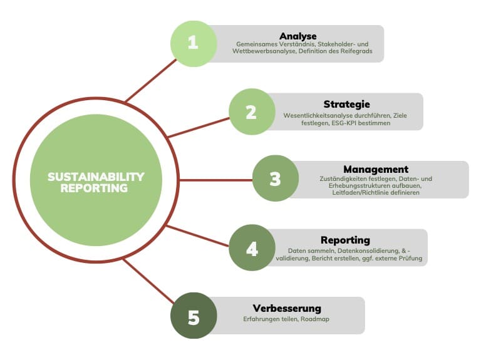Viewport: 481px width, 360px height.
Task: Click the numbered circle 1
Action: coord(194,43)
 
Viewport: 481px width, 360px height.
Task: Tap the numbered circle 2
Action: coord(251,112)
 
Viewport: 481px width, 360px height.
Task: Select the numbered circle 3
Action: coord(275,179)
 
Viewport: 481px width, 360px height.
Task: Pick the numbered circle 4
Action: coord(252,249)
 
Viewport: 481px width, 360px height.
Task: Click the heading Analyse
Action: coord(298,36)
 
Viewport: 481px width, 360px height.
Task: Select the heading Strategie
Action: coord(347,104)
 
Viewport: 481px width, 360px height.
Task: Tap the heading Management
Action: coord(376,169)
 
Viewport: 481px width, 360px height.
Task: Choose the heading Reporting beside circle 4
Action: coord(345,240)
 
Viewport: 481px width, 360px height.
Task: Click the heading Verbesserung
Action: coord(287,308)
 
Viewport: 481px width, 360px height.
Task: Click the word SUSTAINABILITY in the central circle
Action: coord(96,177)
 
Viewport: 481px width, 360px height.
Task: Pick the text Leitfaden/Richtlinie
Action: coord(355,193)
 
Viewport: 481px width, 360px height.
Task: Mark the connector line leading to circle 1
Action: coord(150,81)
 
